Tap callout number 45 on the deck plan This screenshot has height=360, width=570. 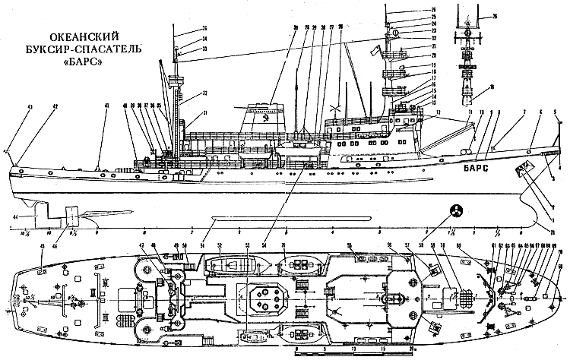tap(43, 248)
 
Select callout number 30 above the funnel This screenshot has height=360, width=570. tap(272, 28)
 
